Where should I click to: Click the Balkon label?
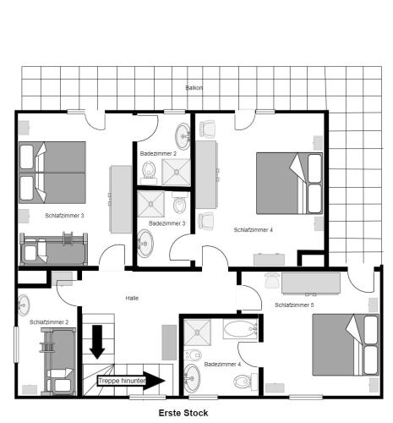(194, 88)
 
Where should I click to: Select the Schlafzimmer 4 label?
(254, 229)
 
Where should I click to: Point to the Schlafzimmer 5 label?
(294, 305)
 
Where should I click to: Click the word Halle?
(132, 299)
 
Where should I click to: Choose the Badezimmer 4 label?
(222, 364)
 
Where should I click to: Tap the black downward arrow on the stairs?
(97, 341)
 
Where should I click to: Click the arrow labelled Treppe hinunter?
(131, 381)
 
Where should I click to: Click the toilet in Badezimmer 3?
(179, 206)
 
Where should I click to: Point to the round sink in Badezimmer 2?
(183, 135)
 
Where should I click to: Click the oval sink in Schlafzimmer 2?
(23, 304)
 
